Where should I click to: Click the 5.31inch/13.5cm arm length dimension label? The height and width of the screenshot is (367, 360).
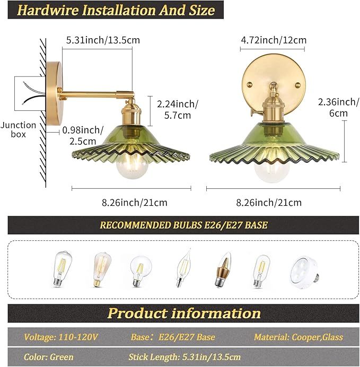pos(103,40)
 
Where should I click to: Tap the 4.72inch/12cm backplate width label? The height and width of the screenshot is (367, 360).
pos(274,40)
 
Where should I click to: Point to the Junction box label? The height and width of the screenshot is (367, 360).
pos(18,129)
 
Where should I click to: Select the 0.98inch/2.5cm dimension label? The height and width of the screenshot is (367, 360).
pos(83,136)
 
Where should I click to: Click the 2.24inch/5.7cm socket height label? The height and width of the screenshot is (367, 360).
pos(178,110)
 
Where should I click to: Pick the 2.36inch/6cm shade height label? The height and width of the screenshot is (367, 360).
pos(338,108)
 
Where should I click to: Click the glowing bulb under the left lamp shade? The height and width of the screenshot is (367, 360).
pos(133,166)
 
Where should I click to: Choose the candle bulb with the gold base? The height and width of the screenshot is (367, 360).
pos(223,269)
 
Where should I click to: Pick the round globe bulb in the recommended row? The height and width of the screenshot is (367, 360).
pos(141,272)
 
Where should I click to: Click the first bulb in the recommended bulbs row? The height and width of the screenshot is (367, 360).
pos(62,269)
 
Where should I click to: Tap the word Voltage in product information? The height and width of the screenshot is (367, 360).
pos(39,337)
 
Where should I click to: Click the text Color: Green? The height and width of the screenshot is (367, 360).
pos(49,357)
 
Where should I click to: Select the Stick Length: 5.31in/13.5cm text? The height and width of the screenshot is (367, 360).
pos(185,357)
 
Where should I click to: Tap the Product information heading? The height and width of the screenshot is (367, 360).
pos(184,313)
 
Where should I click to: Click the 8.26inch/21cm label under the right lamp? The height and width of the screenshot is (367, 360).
pos(269,203)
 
